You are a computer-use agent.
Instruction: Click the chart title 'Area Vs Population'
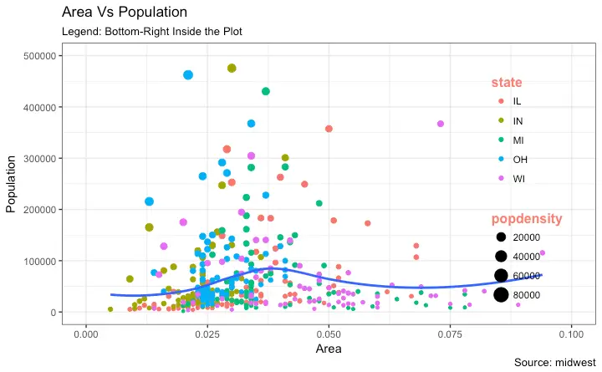[x=125, y=13]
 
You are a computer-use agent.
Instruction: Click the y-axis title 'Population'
[x=12, y=183]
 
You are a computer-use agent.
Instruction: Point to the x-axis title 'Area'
[x=328, y=349]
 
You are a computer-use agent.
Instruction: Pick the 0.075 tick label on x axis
[x=450, y=334]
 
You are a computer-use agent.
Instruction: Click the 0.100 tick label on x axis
[x=571, y=334]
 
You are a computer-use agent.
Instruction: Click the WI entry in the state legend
[x=510, y=178]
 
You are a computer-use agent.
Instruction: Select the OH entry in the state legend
[x=510, y=159]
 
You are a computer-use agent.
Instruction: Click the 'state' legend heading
[x=507, y=82]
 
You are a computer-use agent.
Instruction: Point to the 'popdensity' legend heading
[x=526, y=218]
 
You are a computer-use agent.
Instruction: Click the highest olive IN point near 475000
[x=232, y=69]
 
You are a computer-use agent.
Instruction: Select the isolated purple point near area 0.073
[x=441, y=124]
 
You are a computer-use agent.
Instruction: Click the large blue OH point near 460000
[x=188, y=75]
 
